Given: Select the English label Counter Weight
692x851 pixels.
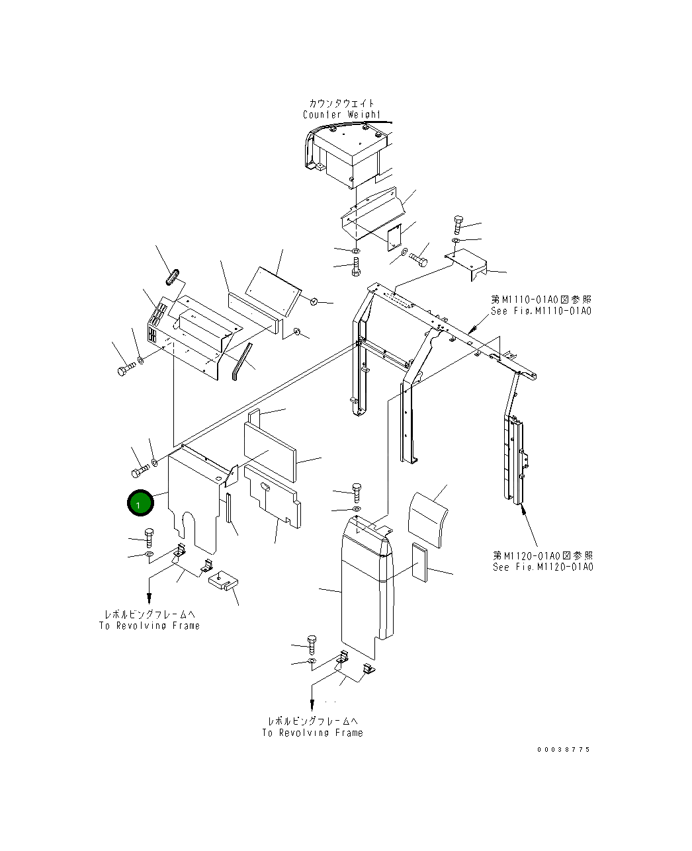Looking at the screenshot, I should click(341, 115).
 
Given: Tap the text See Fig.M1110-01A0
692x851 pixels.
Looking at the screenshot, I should click(541, 311).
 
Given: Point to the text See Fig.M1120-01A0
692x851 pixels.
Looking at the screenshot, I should click(542, 567).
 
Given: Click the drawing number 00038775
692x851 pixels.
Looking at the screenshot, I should click(563, 750).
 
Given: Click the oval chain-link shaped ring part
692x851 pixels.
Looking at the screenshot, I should click(172, 277).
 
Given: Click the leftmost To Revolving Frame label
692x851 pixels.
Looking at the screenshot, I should click(150, 626).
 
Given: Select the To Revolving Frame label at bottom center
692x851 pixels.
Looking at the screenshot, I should click(312, 733).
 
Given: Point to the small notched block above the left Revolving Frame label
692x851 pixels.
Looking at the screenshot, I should click(223, 581).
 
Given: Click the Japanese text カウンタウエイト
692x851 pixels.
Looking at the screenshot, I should click(341, 103).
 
